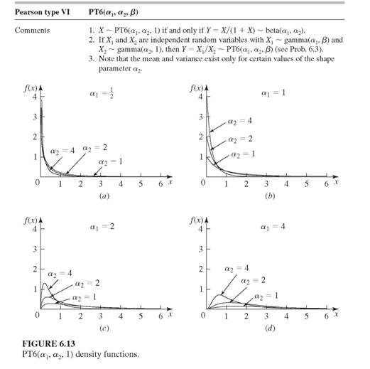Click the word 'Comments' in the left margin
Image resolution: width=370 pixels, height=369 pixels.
tap(31, 31)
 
